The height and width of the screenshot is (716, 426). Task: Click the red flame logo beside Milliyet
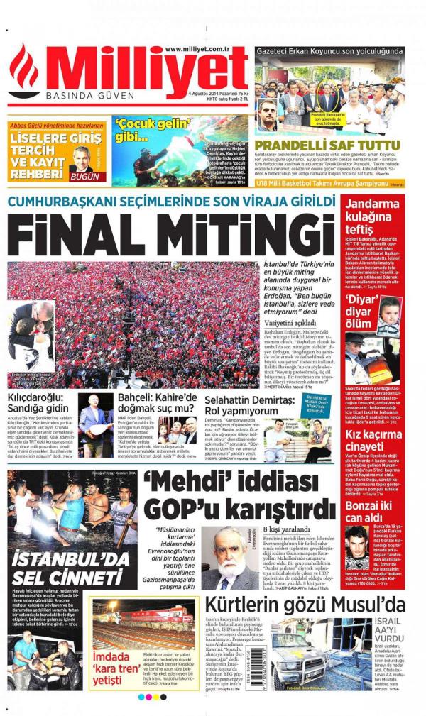[24, 71]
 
